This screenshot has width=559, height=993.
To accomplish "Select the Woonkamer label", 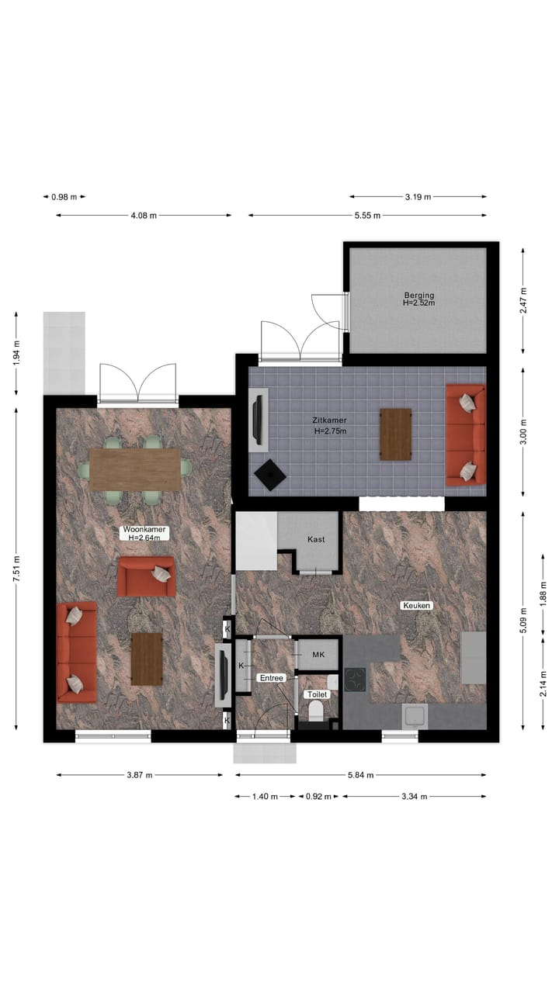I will coord(144,532).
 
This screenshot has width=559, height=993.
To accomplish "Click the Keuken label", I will coord(416,605).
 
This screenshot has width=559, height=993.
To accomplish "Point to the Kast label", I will coord(316,539).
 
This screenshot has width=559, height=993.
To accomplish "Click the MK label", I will coord(318,655).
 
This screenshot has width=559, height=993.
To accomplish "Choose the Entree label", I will coord(272,678).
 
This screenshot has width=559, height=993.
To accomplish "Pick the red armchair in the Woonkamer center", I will coord(146,576).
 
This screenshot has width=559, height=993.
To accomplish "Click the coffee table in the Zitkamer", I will coord(395,434).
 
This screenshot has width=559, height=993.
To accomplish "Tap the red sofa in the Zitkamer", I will coord(465,435).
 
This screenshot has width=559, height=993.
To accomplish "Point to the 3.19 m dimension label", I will coord(418,197).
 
